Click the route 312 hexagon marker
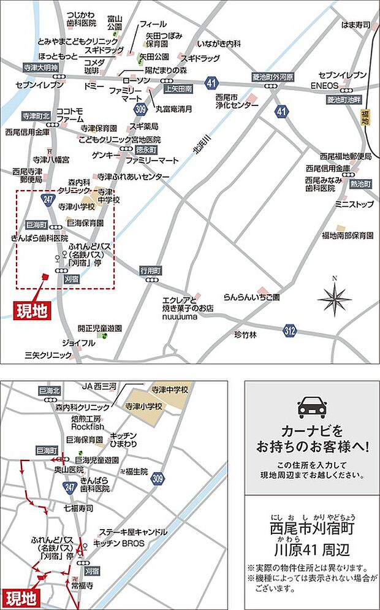pos(290,332)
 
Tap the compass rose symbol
pos(334,299)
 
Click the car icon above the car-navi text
pos(312,407)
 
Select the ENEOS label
pos(324,85)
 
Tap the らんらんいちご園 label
pos(251,297)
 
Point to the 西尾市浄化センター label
pos(237,101)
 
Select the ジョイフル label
pos(78,343)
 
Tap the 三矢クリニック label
pos(48,355)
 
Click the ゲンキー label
pos(102,154)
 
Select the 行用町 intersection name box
pos(150,270)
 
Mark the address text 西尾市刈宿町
pos(312,528)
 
